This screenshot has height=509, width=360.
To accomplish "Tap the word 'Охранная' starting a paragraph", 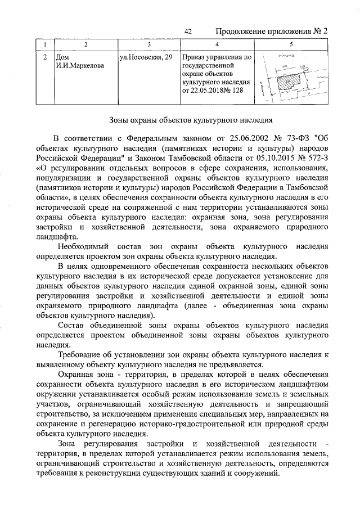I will (78, 375).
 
